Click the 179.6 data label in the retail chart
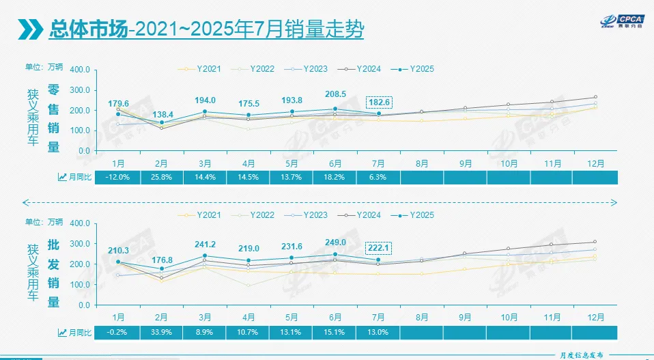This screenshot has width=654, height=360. click(x=118, y=104)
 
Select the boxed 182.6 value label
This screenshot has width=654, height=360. click(x=379, y=102)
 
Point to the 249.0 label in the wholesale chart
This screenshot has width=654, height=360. click(x=335, y=242)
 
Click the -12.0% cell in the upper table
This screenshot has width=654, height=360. click(x=118, y=178)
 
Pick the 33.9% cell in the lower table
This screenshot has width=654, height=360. click(x=162, y=332)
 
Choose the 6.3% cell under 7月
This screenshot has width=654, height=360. click(x=378, y=178)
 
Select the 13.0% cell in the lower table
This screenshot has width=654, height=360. click(x=378, y=332)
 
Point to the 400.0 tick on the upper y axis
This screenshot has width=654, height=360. click(x=80, y=70)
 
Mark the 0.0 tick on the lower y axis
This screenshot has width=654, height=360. click(x=85, y=305)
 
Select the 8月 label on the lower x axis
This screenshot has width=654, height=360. click(x=422, y=317)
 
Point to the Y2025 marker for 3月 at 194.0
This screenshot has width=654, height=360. click(x=205, y=111)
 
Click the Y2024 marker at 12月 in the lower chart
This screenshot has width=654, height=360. click(x=595, y=242)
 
